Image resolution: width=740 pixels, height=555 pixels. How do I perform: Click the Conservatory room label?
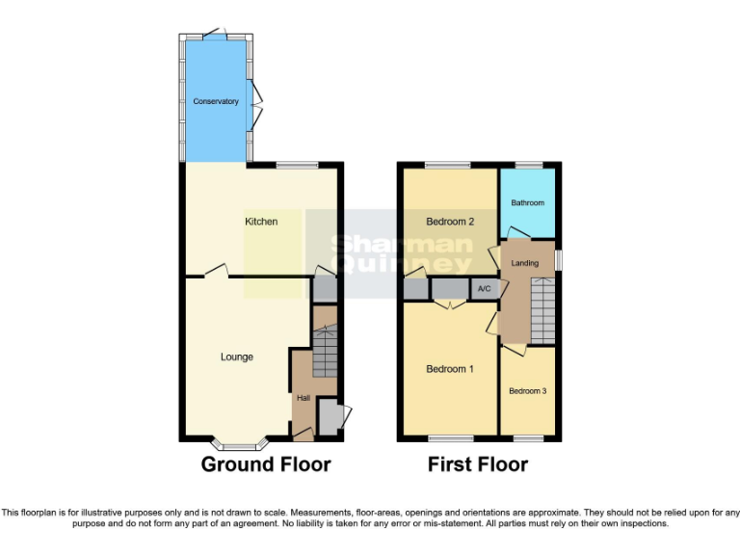(216, 101)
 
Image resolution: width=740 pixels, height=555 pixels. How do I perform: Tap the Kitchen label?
(261, 222)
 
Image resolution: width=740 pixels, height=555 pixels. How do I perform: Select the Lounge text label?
(237, 357)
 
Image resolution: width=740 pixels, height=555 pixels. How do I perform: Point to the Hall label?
(304, 398)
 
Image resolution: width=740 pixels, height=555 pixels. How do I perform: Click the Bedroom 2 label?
(451, 222)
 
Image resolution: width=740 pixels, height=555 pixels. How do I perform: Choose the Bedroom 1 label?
(450, 369)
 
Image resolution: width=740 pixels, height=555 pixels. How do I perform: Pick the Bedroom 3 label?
(528, 390)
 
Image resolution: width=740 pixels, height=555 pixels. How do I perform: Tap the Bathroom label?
(528, 203)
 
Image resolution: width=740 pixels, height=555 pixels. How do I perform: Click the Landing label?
(525, 263)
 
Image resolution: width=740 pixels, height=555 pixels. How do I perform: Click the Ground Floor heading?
(266, 464)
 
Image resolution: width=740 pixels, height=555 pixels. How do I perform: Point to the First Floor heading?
(478, 464)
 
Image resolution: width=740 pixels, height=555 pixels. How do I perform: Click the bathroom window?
(528, 166)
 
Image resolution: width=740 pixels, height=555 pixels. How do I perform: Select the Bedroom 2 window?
(442, 166)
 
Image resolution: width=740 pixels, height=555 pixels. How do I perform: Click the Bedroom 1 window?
(444, 439)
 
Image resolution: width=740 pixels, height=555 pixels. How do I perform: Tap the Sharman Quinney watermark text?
(402, 252)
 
